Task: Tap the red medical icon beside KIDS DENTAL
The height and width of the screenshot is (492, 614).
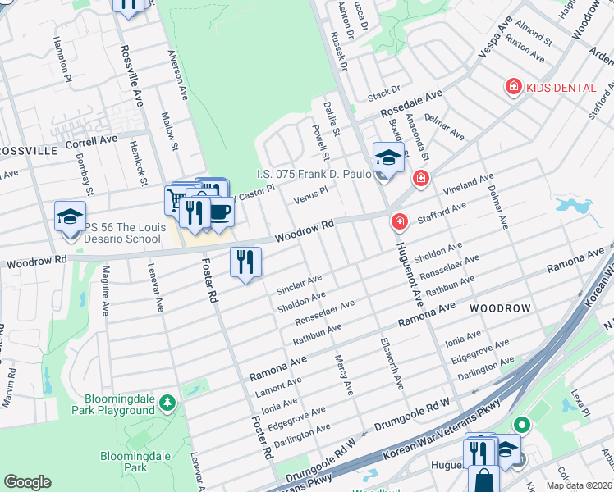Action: pos(514,85)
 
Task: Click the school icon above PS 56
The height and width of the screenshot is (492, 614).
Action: pos(71,216)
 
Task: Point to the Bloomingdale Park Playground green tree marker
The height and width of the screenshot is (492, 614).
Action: pos(167,402)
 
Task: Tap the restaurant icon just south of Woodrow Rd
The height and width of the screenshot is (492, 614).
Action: pos(245,262)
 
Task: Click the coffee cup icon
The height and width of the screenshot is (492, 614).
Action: pos(219,212)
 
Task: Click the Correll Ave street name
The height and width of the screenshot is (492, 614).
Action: pos(92,141)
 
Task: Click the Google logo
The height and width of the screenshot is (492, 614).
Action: pos(27,482)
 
